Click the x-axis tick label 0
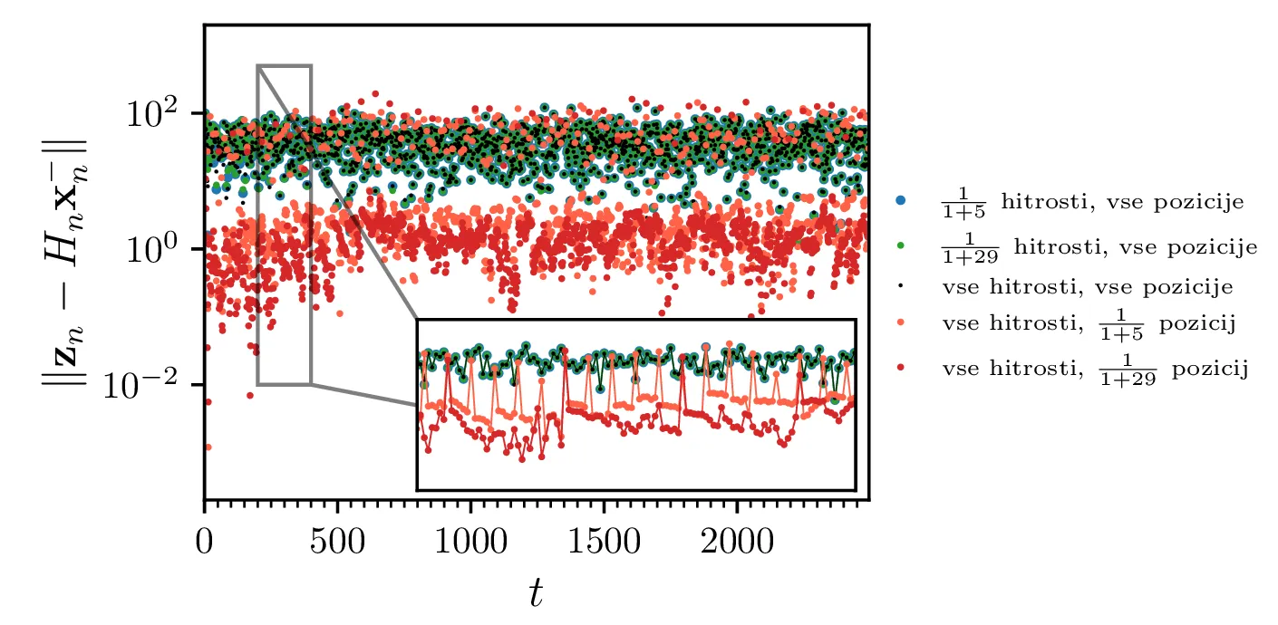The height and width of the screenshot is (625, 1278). (x=204, y=543)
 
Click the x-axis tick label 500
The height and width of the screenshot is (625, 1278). (x=337, y=543)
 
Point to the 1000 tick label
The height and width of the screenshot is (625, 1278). (x=470, y=543)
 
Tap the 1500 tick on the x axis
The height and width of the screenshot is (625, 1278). (x=604, y=543)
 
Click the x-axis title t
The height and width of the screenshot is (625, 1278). (x=537, y=593)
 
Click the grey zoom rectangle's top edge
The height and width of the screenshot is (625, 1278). (x=285, y=65)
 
